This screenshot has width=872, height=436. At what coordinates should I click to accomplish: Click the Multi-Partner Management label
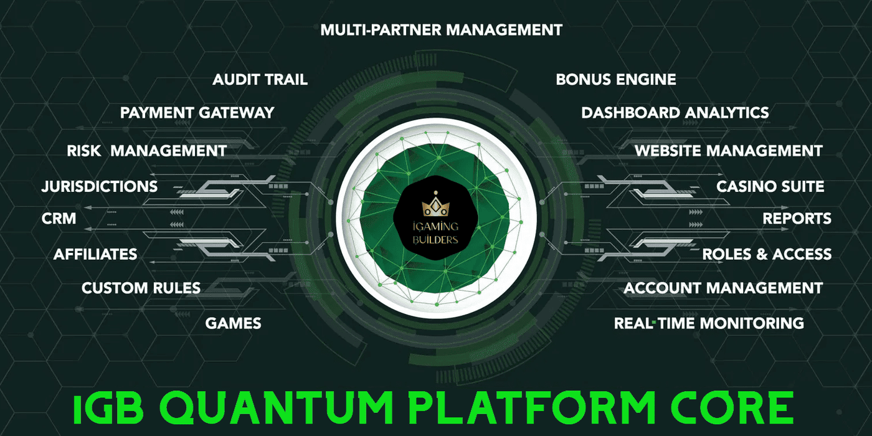point(441,29)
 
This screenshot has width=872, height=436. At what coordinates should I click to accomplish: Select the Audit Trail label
point(260,80)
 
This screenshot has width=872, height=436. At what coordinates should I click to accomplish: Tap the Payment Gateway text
point(197,113)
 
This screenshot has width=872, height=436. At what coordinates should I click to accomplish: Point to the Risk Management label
point(146,151)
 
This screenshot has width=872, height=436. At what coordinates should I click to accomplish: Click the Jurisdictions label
point(99,186)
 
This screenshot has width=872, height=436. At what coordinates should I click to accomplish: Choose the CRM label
point(59,219)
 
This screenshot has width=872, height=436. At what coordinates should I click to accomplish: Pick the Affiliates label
point(95,254)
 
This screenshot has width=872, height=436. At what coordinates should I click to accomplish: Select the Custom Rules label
point(141,288)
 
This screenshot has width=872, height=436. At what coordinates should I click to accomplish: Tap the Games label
point(233,323)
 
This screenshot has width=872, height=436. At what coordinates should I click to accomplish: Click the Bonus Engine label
point(615,80)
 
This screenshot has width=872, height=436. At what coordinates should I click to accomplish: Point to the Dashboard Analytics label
point(675,113)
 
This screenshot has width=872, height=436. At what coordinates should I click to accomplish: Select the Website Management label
point(728,151)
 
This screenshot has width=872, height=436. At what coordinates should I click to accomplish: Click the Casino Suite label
point(770,186)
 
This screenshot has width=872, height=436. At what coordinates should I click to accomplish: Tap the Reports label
point(797,219)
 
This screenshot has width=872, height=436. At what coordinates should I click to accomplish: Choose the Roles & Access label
point(767,254)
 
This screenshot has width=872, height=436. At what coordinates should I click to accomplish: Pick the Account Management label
point(723,288)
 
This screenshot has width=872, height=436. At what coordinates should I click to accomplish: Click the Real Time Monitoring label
point(708,323)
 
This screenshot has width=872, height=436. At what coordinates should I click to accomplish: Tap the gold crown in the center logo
point(435,206)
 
